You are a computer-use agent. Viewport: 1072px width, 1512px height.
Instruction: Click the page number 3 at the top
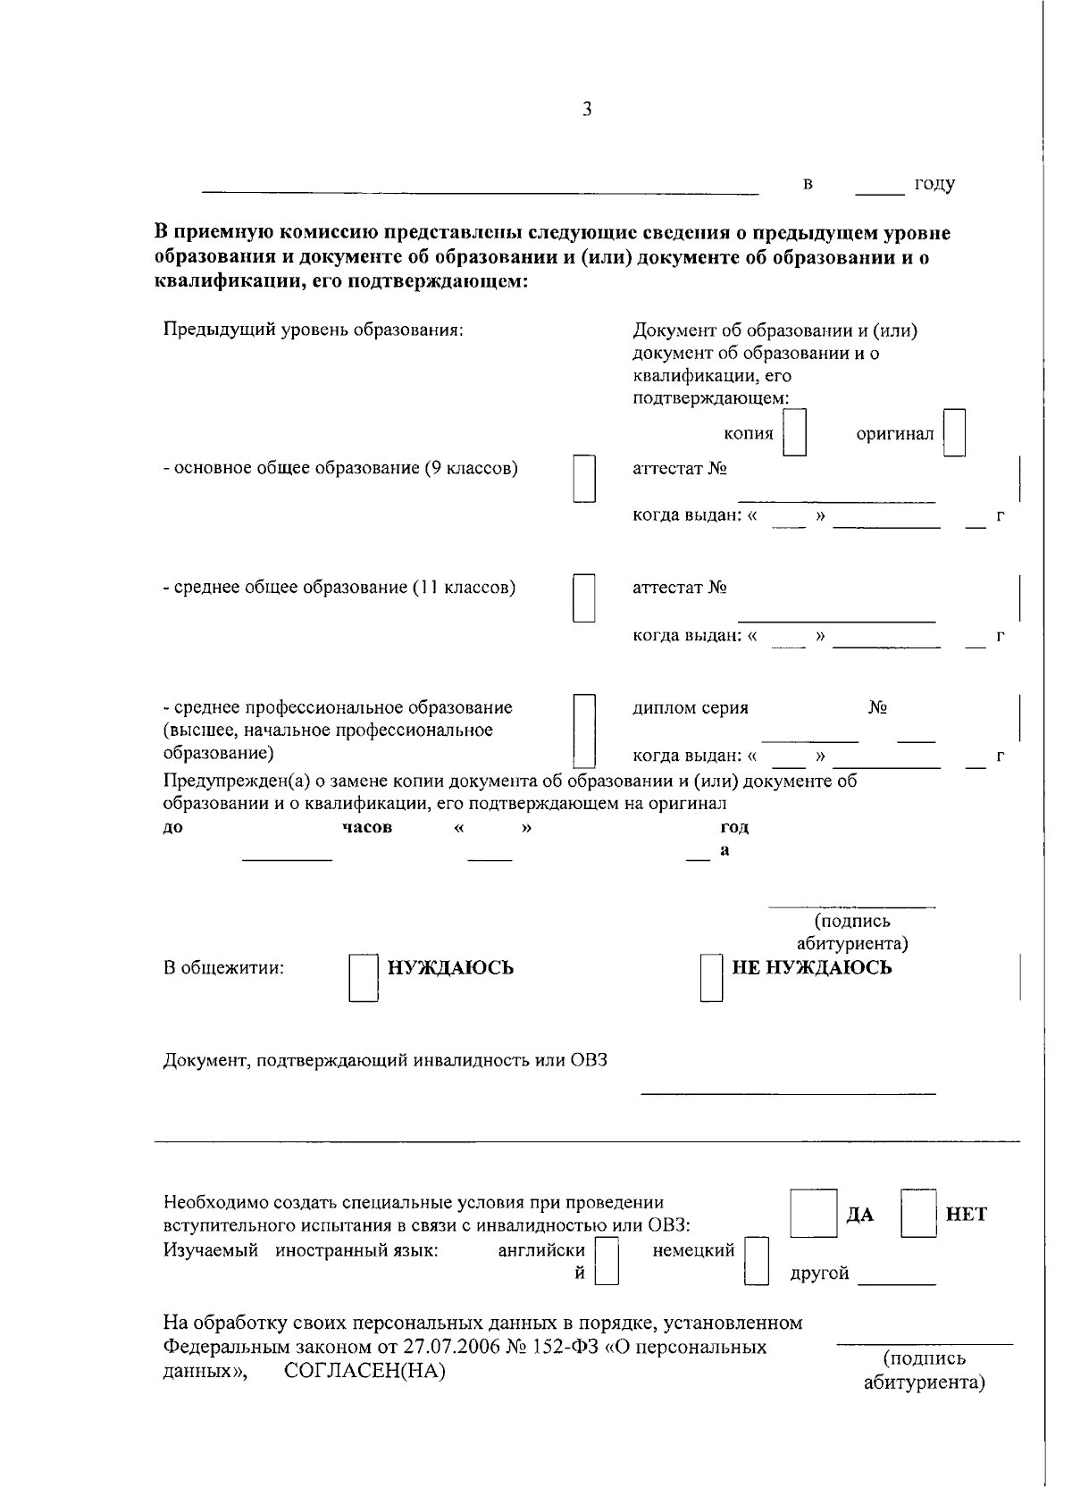586,109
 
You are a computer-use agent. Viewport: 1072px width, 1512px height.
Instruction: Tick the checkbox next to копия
795,433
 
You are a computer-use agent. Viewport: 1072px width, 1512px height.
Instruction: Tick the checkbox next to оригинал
955,433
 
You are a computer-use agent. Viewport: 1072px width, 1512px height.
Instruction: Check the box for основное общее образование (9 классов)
584,479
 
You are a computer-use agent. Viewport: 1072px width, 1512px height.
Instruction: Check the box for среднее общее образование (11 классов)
584,597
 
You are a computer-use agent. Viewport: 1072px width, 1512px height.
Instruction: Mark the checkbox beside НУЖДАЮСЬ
363,980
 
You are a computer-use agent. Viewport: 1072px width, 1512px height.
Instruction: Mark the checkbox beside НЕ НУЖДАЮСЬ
711,978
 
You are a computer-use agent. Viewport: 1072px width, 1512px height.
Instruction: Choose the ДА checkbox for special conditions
813,1213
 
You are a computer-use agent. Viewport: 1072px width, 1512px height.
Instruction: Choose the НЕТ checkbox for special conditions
917,1213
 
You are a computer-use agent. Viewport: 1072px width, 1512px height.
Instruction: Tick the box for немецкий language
757,1260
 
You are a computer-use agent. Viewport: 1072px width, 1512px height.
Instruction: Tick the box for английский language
607,1260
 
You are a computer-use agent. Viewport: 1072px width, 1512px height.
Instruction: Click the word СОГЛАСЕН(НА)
364,1371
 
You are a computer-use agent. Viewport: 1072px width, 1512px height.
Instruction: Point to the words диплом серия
690,708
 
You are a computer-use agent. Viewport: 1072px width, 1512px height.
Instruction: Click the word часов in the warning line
367,827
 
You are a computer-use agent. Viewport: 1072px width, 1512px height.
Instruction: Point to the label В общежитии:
223,968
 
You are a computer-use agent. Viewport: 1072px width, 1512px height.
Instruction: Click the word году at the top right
934,185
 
